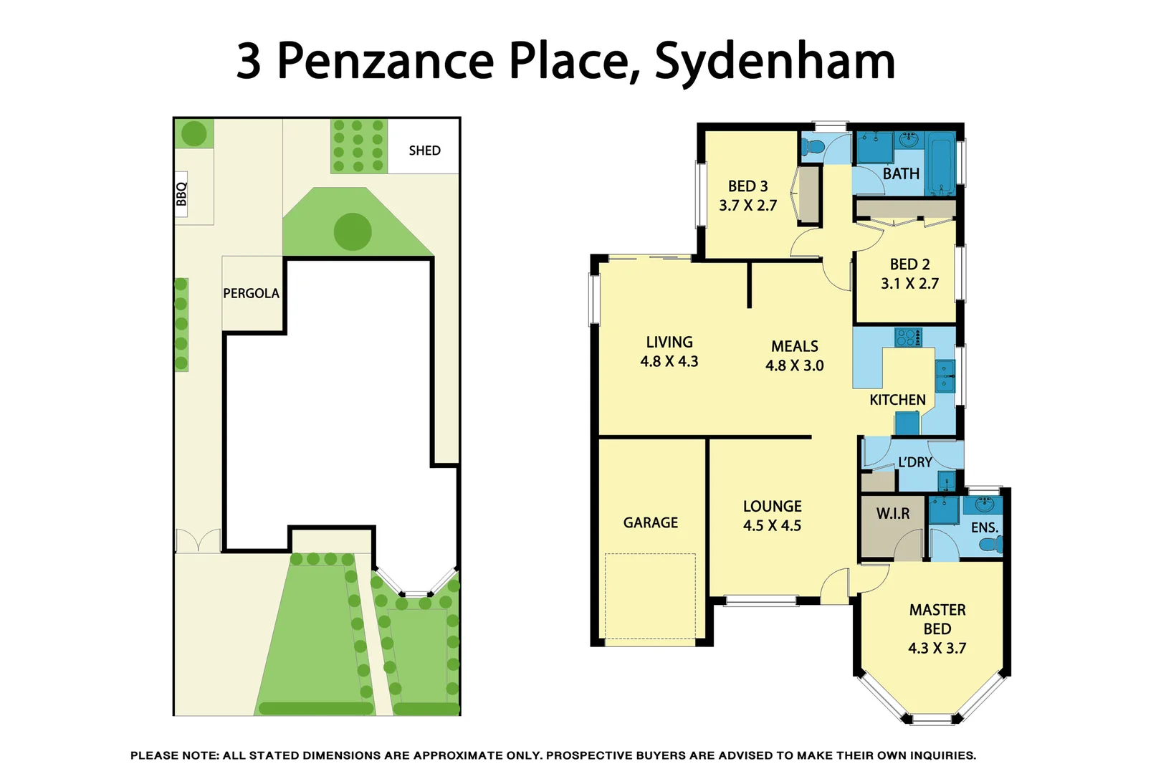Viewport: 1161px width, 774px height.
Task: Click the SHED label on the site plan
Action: (x=424, y=150)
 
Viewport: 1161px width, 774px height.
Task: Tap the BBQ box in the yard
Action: (x=181, y=193)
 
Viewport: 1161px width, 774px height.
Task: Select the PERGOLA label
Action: (x=251, y=293)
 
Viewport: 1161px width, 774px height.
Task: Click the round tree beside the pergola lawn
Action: (x=353, y=231)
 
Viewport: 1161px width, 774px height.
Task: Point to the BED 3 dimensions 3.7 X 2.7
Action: (x=747, y=206)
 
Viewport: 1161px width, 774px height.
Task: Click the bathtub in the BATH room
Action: (x=940, y=163)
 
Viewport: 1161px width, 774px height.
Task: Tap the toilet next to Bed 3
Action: (x=813, y=148)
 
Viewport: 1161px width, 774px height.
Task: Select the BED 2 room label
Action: (x=909, y=264)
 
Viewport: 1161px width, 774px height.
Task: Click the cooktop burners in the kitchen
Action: (x=908, y=337)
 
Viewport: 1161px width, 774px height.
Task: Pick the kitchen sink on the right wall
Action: (x=945, y=376)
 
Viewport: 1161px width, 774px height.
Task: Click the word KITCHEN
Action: (x=897, y=400)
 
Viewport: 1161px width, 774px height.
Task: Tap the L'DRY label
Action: (x=915, y=462)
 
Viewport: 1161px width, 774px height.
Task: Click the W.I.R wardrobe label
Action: (x=892, y=514)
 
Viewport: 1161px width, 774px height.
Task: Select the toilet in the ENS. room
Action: (x=991, y=545)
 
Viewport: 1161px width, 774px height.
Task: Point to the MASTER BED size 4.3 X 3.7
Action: (x=937, y=649)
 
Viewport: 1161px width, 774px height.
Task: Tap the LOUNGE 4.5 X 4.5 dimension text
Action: (x=772, y=526)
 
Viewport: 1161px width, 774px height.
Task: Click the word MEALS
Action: (x=794, y=346)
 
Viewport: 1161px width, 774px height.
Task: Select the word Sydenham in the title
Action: (x=775, y=62)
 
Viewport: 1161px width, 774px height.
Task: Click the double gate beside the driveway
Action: (x=199, y=541)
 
